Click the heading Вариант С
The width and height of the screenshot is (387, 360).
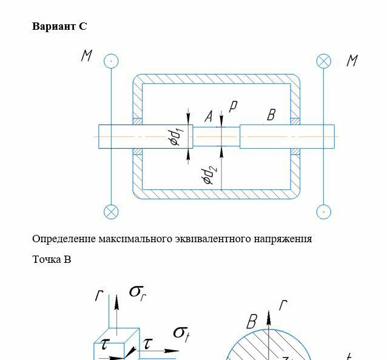point(59,26)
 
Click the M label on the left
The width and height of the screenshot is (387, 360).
point(87,56)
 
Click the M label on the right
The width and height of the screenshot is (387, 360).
point(352,61)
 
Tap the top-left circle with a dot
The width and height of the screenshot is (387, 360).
point(111,61)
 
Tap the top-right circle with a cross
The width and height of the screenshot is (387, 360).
point(324,61)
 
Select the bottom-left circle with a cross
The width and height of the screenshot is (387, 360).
point(111,212)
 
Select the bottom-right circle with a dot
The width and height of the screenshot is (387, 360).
point(324,212)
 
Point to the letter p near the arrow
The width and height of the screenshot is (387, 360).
point(232,106)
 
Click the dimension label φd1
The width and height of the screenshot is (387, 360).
point(175,137)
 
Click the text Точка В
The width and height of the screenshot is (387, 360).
point(52,259)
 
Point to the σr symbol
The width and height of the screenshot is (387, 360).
point(138,292)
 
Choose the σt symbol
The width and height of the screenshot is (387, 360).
point(182,332)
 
